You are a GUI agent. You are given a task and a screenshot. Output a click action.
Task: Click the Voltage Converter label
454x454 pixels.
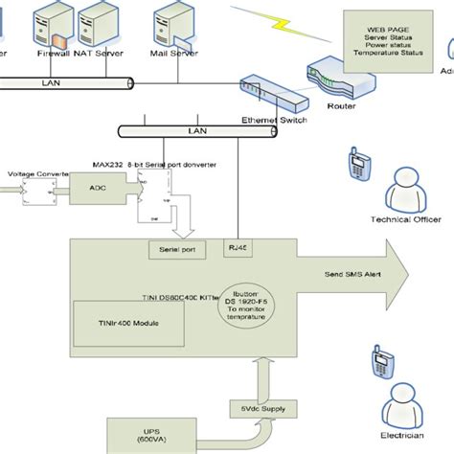35,173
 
